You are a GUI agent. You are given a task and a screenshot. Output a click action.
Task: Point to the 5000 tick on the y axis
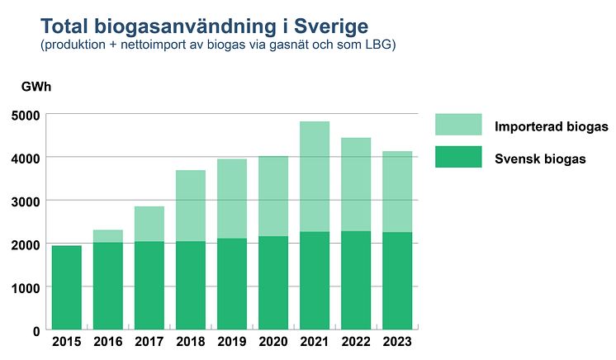25,114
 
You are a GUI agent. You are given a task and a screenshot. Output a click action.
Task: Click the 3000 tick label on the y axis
25,201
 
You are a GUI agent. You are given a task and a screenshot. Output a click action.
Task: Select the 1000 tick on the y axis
25,287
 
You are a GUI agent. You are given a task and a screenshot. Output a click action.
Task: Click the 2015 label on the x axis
66,340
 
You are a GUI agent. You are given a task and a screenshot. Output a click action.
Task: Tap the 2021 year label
315,340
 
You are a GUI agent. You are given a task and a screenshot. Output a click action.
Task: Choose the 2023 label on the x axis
397,340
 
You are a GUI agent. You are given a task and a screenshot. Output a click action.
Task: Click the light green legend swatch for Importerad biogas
458,125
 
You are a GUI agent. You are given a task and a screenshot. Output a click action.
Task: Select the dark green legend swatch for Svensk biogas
458,157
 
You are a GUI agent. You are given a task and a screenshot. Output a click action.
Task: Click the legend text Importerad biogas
552,126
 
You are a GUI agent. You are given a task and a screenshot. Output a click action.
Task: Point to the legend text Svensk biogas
541,159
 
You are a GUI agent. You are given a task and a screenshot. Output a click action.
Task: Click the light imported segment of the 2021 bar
315,176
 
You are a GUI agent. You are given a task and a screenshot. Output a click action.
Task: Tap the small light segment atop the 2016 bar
107,236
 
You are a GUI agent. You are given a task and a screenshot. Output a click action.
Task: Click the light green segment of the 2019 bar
232,198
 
